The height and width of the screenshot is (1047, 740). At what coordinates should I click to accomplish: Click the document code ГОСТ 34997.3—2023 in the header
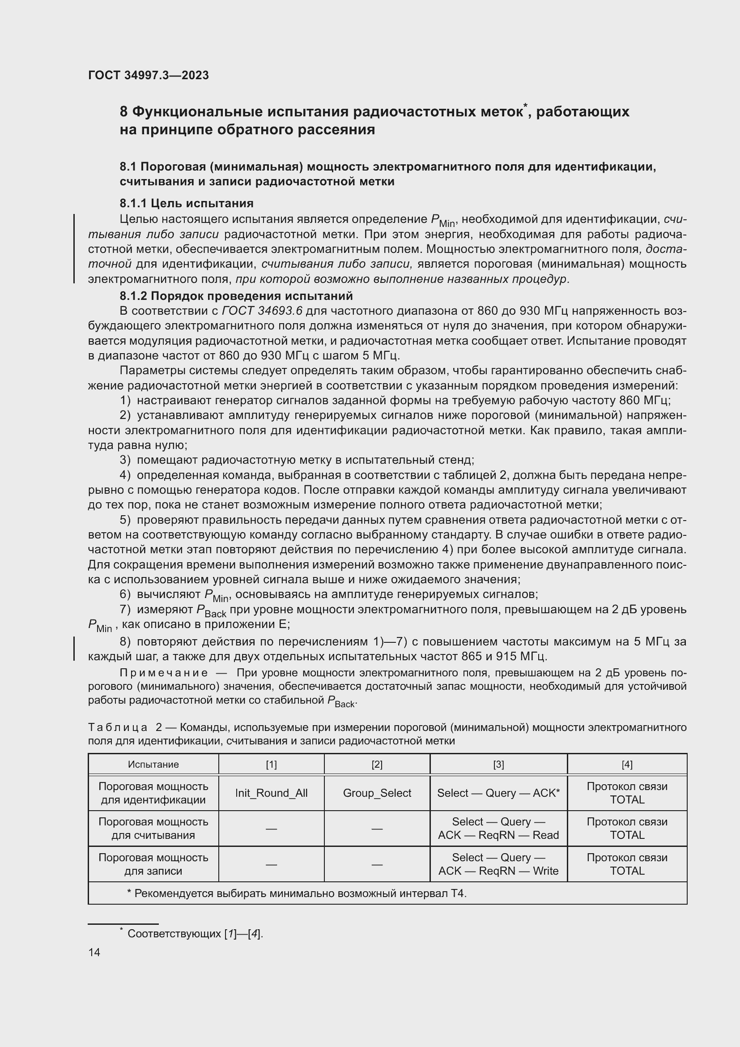point(148,75)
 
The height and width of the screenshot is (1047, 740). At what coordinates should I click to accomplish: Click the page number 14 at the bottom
point(94,952)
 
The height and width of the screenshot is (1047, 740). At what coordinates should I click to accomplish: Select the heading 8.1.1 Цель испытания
point(187,203)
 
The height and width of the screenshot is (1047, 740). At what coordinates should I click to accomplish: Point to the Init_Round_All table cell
point(271,793)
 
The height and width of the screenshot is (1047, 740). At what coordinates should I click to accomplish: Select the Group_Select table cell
point(377,793)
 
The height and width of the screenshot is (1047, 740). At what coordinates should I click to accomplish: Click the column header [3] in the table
point(498,764)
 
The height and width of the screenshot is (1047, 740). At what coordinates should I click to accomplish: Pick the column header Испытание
point(153,764)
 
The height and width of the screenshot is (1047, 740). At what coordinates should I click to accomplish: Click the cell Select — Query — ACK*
point(498,793)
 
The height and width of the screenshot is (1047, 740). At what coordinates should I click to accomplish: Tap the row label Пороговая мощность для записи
point(153,864)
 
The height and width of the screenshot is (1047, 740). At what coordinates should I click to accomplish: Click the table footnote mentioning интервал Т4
point(297,893)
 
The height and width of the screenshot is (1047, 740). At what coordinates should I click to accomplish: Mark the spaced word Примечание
point(164,673)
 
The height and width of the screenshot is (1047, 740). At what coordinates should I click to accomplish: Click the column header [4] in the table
point(626,764)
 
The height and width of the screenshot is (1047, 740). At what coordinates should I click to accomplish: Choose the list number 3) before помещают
point(125,460)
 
